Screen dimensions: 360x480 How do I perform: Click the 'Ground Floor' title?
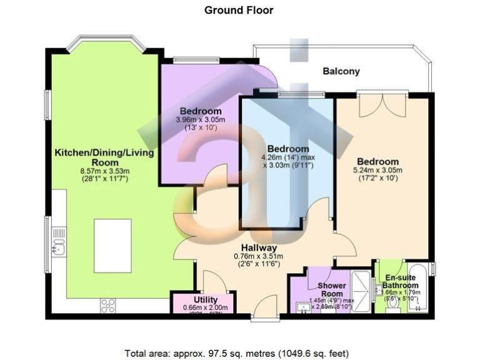click(239, 10)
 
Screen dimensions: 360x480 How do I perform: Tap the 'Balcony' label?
click(341, 71)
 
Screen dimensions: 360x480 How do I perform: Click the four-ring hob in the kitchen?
click(107, 306)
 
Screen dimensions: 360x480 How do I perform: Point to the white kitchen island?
click(112, 246)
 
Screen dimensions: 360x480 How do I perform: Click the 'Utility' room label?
click(206, 300)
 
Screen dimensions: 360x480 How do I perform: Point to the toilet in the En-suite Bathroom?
click(391, 306)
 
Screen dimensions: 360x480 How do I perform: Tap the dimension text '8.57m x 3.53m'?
click(104, 171)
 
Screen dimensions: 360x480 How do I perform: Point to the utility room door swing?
click(216, 282)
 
